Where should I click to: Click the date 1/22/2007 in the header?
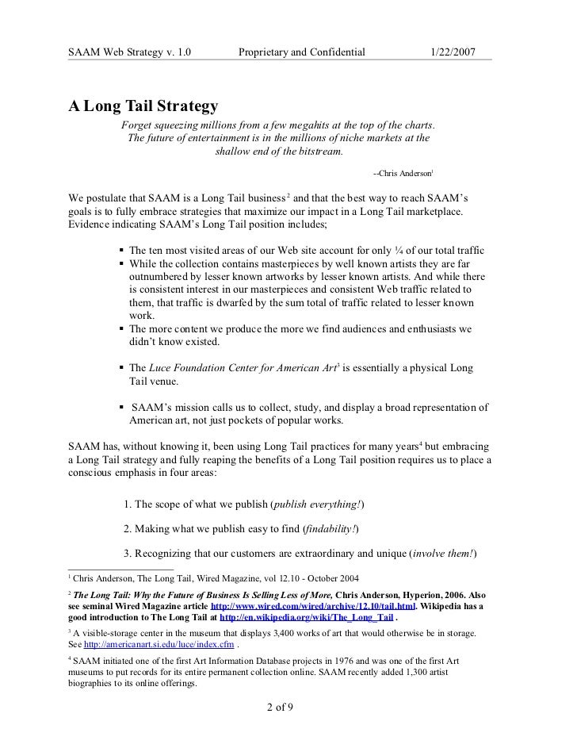(464, 52)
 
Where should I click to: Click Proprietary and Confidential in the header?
(301, 52)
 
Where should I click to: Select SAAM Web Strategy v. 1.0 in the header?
(130, 52)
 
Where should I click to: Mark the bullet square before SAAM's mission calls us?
(121, 407)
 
